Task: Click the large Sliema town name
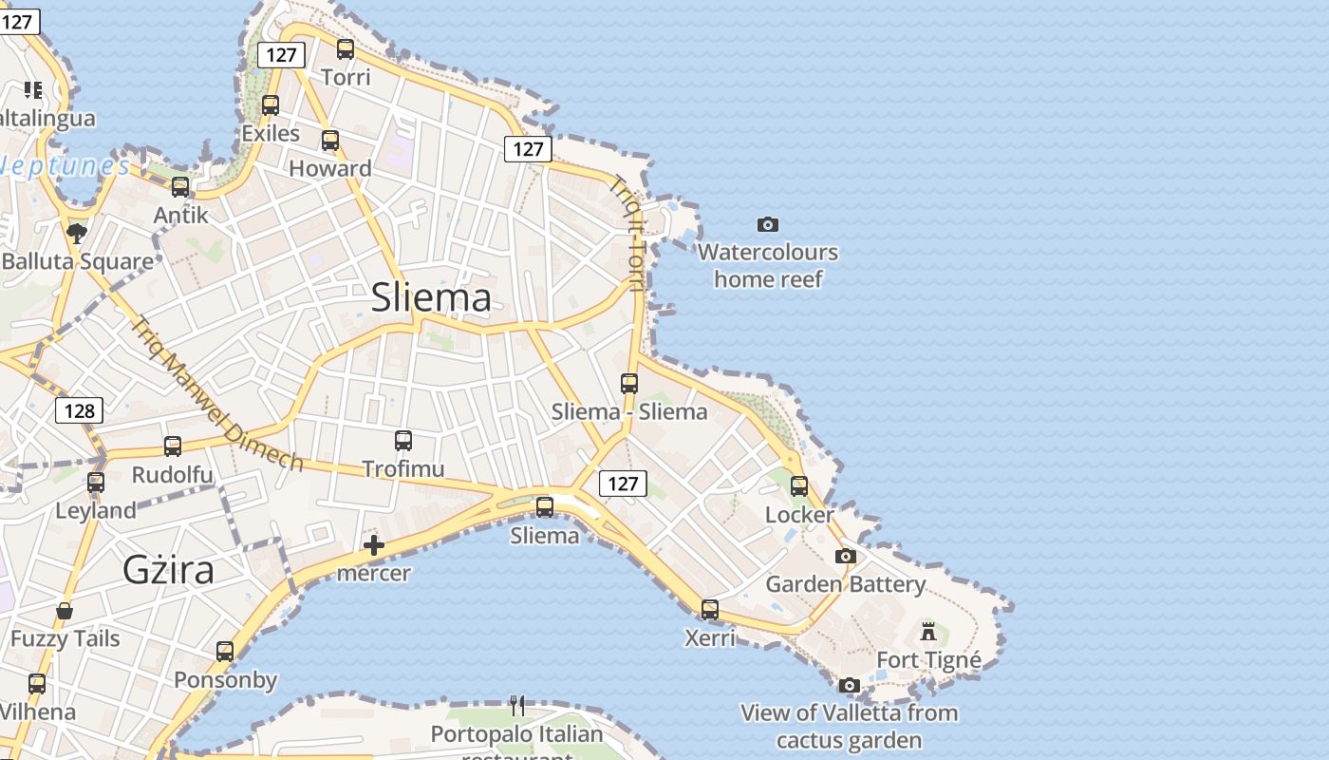[431, 297]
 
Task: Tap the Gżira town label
[168, 570]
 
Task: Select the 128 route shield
[79, 410]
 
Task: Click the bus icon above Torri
[346, 49]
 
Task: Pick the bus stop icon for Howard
[330, 141]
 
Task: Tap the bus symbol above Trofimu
[403, 441]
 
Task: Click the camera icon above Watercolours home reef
[768, 225]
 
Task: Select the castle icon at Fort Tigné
[928, 631]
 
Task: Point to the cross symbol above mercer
[374, 545]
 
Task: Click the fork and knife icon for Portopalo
[517, 705]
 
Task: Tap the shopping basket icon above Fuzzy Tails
[65, 610]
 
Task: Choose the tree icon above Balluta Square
[77, 233]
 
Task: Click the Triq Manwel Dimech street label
[216, 393]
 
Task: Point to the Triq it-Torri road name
[628, 233]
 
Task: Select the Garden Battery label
[845, 584]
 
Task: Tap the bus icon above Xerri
[710, 610]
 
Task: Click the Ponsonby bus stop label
[225, 680]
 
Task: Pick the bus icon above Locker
[799, 486]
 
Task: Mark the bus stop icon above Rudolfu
[173, 446]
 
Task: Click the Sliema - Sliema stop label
[629, 411]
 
